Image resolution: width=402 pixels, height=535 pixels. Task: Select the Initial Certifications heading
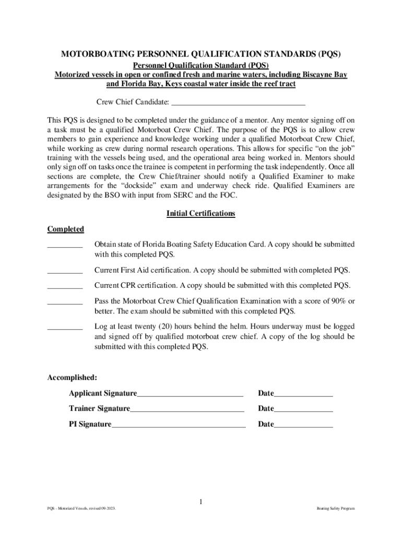pyautogui.click(x=200, y=214)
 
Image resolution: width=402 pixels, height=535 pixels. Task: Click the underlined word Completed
pyautogui.click(x=65, y=229)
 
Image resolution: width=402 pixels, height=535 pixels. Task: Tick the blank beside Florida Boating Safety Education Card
pyautogui.click(x=65, y=246)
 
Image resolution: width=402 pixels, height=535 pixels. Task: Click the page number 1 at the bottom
pyautogui.click(x=200, y=503)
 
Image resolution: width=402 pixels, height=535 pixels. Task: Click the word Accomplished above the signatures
pyautogui.click(x=72, y=377)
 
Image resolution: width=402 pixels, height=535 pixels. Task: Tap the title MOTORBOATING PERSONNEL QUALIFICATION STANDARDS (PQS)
pyautogui.click(x=201, y=54)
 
